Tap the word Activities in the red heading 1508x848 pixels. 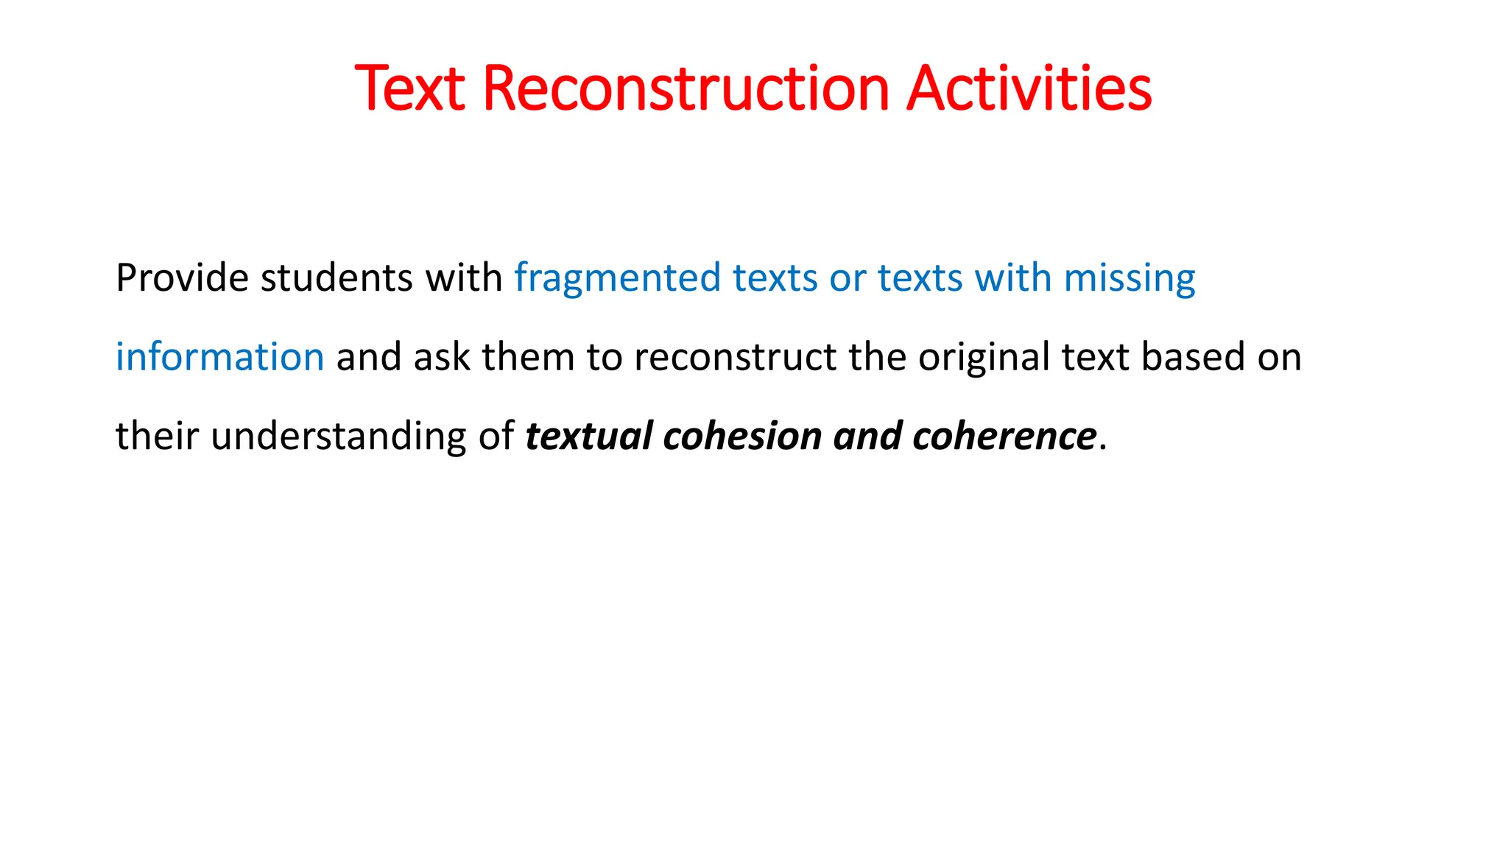(x=1029, y=89)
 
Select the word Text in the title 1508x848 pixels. (x=409, y=89)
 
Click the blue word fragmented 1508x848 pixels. (x=617, y=278)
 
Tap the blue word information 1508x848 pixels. (x=219, y=357)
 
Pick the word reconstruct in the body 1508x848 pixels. (x=735, y=357)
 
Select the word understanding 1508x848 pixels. (x=339, y=437)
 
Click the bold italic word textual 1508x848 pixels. (x=588, y=436)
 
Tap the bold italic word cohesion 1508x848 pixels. (x=741, y=436)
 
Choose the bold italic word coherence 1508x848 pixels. (x=1004, y=436)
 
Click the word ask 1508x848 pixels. (x=441, y=357)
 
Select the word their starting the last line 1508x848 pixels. (x=157, y=436)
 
